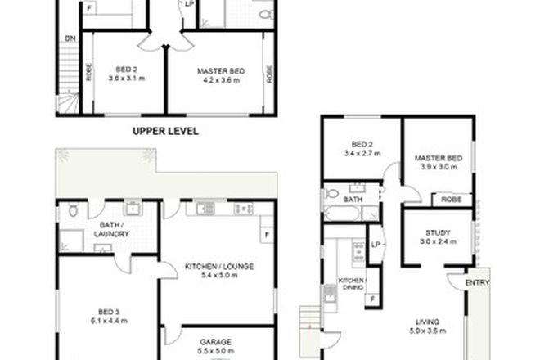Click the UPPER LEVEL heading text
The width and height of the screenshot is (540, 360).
point(166,130)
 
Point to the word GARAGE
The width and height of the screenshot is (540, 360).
point(217,341)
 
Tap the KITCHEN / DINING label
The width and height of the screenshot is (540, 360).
point(353,284)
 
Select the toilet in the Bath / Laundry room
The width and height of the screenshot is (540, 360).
point(74,211)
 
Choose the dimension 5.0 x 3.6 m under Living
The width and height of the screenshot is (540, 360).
point(428,332)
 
